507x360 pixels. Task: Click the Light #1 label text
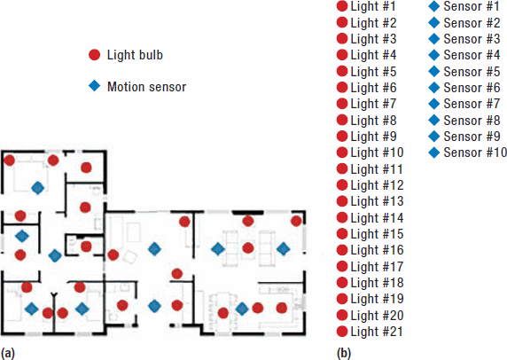pos(373,6)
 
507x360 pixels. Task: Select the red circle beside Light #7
pos(342,104)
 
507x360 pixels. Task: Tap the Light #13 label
pos(377,201)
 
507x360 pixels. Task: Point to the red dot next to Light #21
pos(342,332)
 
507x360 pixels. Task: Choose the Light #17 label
pos(377,267)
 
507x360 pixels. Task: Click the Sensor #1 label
pos(472,6)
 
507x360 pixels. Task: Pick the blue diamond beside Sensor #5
pos(434,72)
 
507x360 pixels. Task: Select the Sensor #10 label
pos(475,153)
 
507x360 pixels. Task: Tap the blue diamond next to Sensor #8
pos(434,121)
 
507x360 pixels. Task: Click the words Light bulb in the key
pos(135,55)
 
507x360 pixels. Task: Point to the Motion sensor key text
pos(146,87)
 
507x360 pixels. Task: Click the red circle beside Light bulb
pos(95,55)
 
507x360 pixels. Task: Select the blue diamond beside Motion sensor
pos(95,86)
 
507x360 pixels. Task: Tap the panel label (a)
pos(8,353)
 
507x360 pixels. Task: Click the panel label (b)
pos(344,353)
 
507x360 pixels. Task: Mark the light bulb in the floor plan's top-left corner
pos(10,160)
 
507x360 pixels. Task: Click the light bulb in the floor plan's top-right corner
pos(296,222)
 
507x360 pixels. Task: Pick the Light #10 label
pos(377,153)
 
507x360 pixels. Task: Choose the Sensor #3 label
pos(472,39)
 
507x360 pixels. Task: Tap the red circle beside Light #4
pos(342,55)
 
